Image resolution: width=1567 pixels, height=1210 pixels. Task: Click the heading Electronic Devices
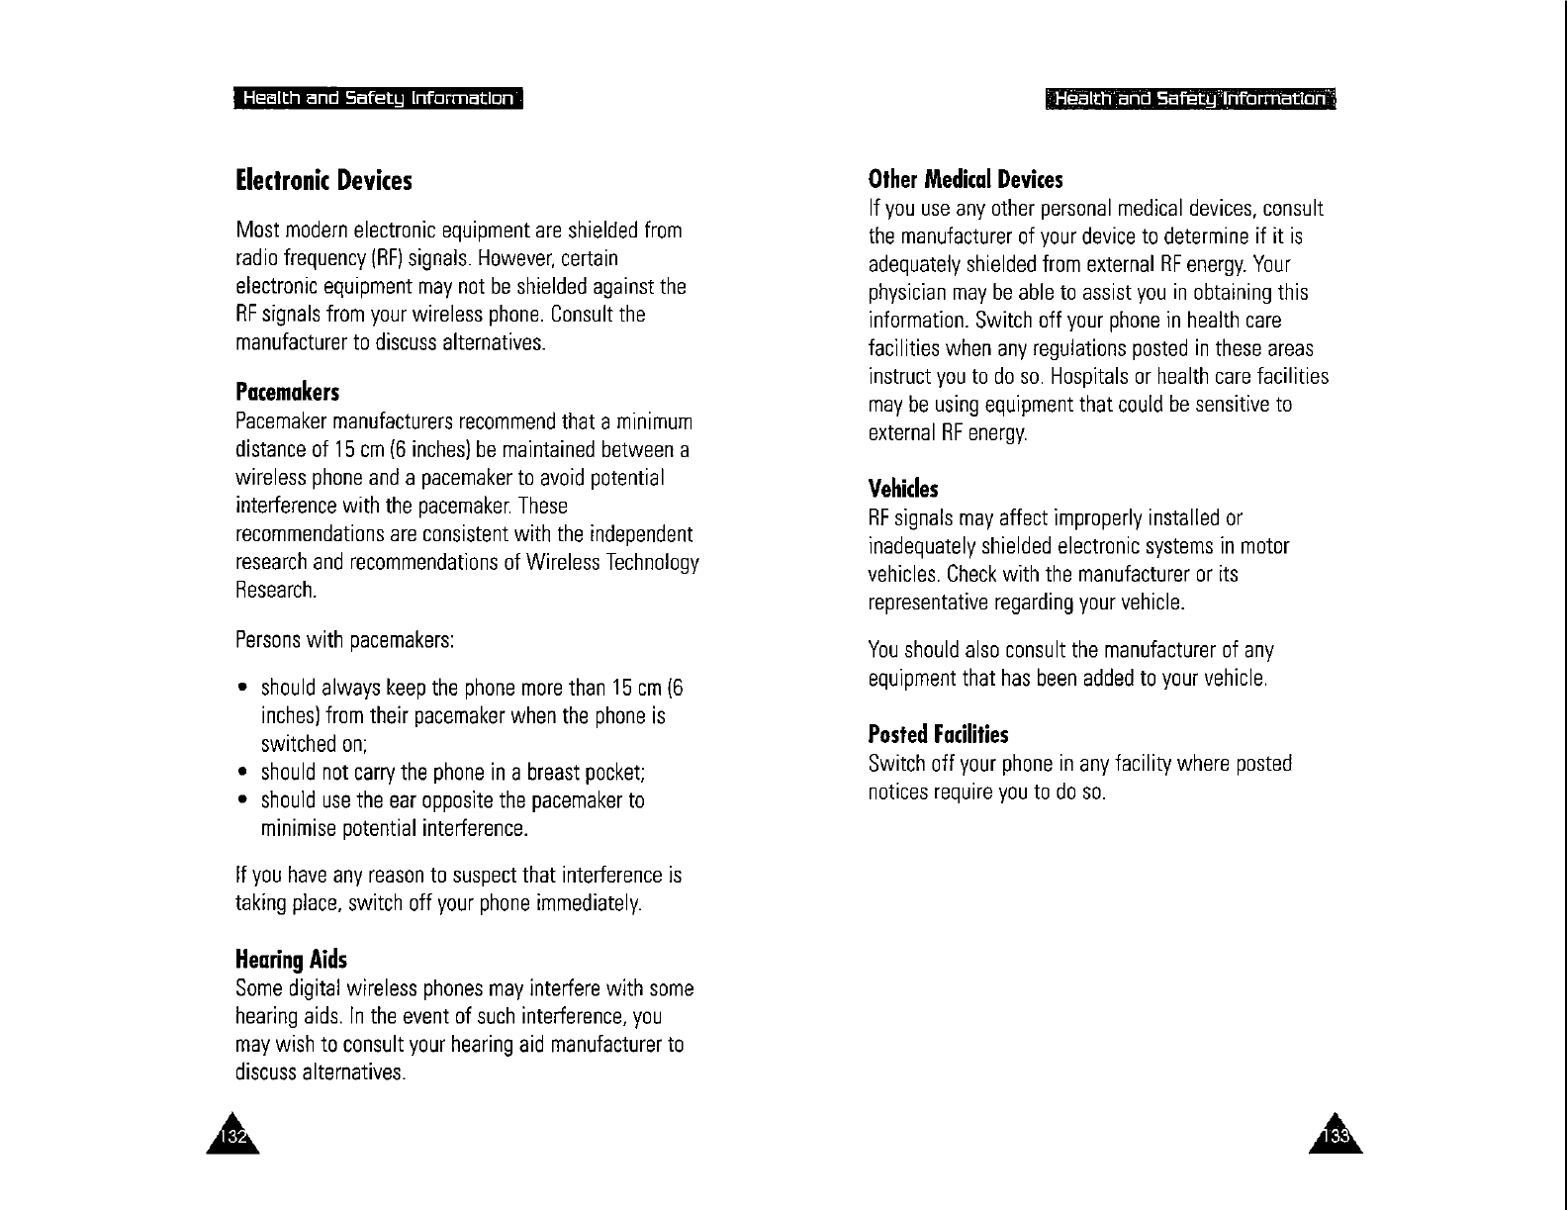(323, 181)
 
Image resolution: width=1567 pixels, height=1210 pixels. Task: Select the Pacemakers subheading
(287, 393)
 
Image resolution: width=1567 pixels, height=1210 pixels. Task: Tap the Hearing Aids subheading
(291, 960)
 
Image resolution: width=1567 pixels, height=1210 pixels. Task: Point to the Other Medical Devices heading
(965, 180)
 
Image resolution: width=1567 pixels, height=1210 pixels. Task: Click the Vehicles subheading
(902, 489)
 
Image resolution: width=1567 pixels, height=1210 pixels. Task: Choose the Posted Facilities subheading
(938, 734)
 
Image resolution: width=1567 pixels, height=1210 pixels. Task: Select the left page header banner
(378, 99)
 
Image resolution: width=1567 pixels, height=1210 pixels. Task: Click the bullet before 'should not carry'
(242, 773)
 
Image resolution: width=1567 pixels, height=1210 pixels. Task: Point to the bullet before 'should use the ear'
(242, 800)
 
